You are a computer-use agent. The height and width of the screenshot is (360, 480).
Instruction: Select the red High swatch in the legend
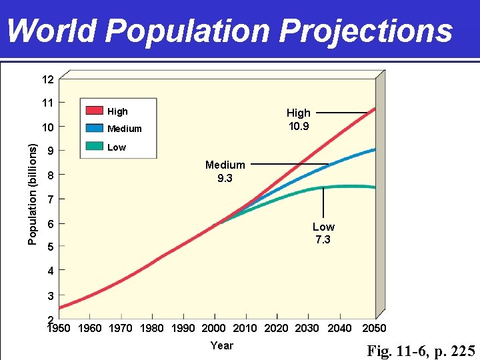94,111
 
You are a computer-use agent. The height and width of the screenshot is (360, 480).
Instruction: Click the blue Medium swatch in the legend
94,128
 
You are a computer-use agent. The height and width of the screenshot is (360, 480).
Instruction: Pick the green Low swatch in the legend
94,147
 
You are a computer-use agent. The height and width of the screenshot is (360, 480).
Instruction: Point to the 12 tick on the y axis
47,80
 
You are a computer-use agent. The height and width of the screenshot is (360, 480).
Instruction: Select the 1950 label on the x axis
59,328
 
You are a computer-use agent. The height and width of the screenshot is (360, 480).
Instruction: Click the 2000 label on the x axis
214,328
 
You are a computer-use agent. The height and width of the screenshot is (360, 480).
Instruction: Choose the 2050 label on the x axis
374,328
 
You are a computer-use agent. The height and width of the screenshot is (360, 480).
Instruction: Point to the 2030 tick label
307,328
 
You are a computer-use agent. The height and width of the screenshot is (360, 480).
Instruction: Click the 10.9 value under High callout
298,126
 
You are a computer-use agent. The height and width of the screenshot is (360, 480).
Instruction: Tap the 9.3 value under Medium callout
225,178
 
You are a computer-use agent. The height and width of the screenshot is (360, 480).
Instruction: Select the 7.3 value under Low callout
323,240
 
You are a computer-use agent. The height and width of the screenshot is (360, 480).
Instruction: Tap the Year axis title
222,345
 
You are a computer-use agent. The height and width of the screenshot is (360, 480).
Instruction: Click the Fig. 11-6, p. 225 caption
421,351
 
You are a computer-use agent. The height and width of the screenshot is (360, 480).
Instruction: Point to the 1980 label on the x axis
152,328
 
